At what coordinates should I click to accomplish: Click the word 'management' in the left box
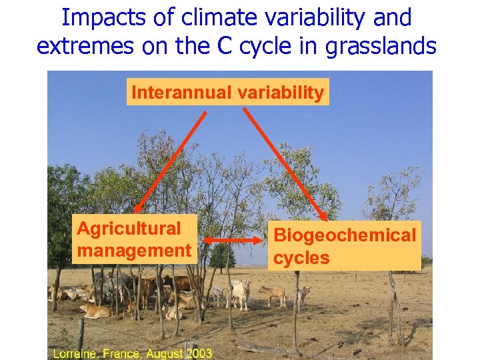(134, 251)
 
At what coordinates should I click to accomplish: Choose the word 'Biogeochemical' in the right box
(345, 235)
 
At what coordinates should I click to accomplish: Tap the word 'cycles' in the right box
(301, 258)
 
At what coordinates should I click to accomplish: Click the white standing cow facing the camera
(240, 294)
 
